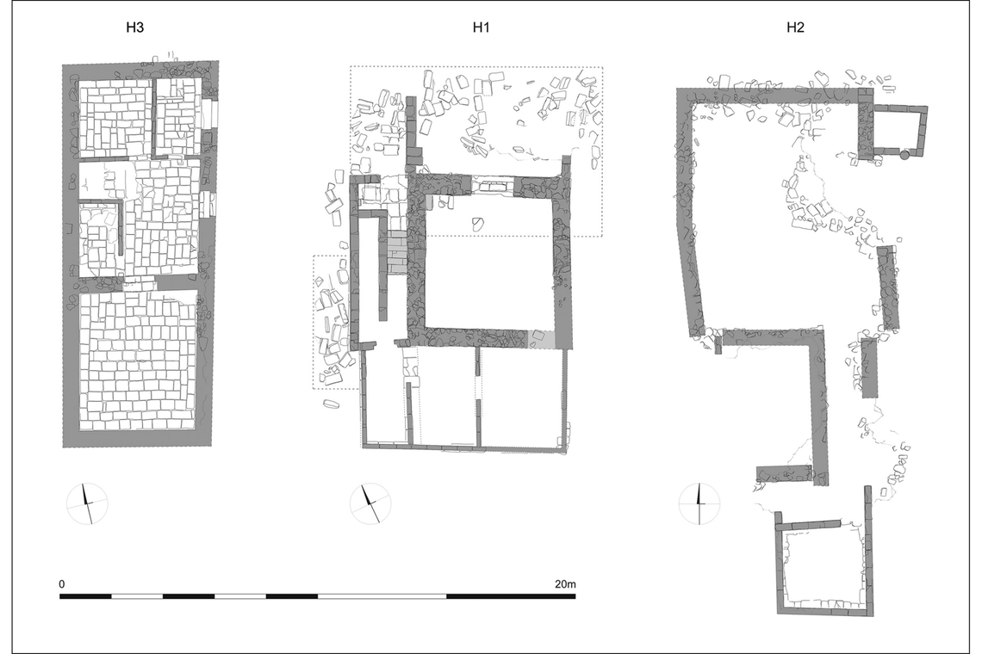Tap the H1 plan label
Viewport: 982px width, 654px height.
pyautogui.click(x=481, y=28)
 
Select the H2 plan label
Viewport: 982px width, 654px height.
pyautogui.click(x=795, y=28)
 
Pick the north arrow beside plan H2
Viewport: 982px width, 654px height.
pyautogui.click(x=699, y=503)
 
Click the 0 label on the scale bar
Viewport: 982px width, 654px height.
pyautogui.click(x=62, y=584)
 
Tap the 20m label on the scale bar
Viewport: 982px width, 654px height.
pyautogui.click(x=565, y=584)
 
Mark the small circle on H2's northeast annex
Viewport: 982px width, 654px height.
pyautogui.click(x=904, y=155)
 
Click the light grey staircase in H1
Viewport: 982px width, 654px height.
pyautogui.click(x=397, y=252)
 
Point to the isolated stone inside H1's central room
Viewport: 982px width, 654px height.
pyautogui.click(x=476, y=223)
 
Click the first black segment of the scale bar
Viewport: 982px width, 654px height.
pyautogui.click(x=86, y=595)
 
